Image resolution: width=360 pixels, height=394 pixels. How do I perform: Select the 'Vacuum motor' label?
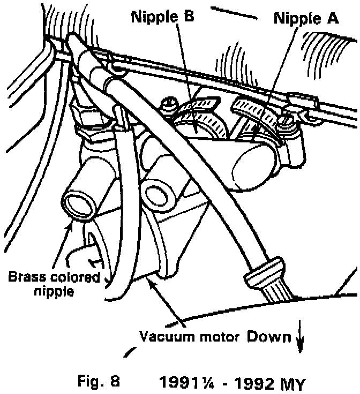(190, 337)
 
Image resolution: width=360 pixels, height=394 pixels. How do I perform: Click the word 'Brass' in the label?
(25, 278)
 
